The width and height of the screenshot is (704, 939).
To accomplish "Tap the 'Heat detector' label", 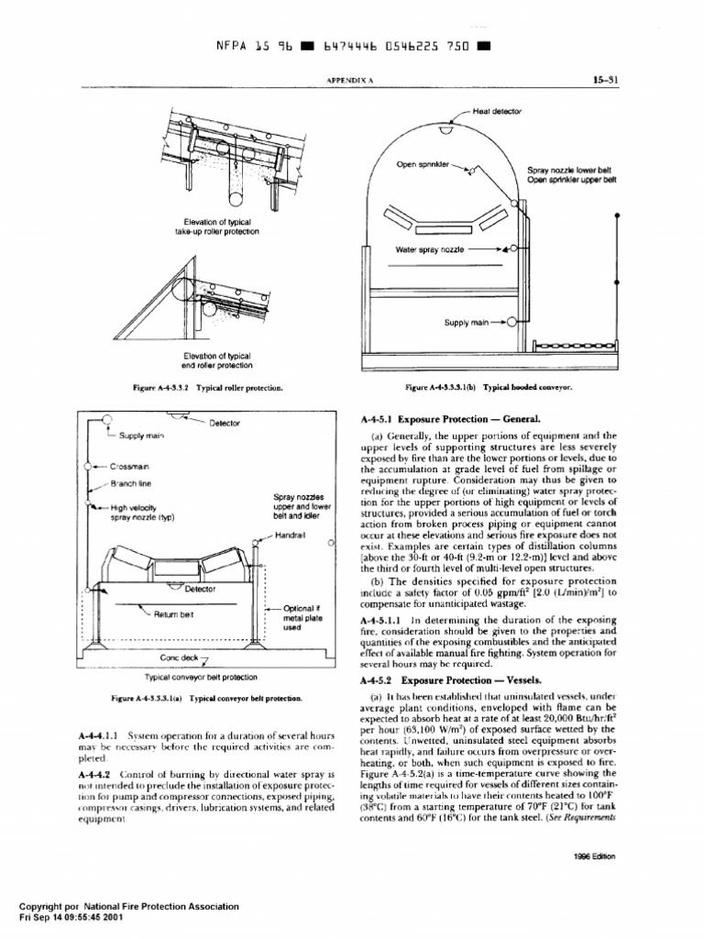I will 496,110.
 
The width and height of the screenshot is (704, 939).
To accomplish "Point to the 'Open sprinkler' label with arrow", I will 423,165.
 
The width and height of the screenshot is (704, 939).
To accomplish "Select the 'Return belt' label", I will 173,614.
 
